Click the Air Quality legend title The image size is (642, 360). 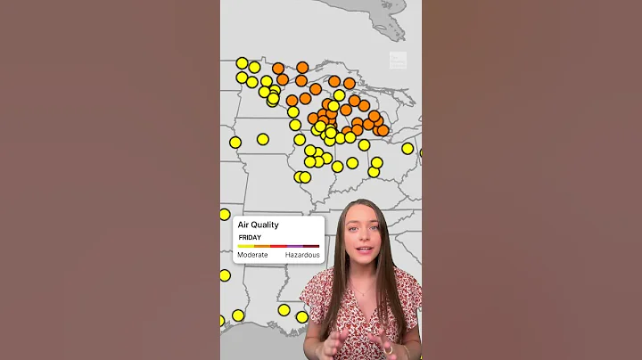[258, 225]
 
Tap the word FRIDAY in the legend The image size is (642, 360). [249, 238]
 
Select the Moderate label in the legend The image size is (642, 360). [252, 255]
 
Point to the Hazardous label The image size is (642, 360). [302, 255]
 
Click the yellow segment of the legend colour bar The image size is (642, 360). [245, 246]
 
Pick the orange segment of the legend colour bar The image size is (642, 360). [262, 246]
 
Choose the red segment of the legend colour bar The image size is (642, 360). [278, 246]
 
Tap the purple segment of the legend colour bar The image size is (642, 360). [294, 246]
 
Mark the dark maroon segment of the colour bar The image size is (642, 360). [311, 246]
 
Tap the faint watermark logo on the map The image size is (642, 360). [397, 61]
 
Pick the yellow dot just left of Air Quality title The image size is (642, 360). [225, 215]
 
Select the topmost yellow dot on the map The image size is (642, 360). [242, 63]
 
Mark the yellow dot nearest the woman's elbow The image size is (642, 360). [302, 316]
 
